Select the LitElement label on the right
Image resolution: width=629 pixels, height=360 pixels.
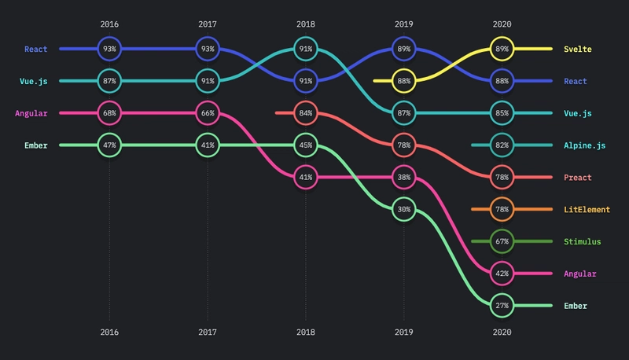587,210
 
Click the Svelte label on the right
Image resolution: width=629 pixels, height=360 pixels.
578,50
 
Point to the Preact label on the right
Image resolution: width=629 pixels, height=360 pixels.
578,178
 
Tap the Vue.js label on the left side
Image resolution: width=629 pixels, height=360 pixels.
34,82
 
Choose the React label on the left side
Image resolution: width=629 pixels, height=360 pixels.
36,50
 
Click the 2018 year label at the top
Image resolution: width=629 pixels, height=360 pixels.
306,24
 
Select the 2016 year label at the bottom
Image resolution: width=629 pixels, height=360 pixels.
109,332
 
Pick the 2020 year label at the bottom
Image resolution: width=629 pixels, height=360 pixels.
502,332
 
